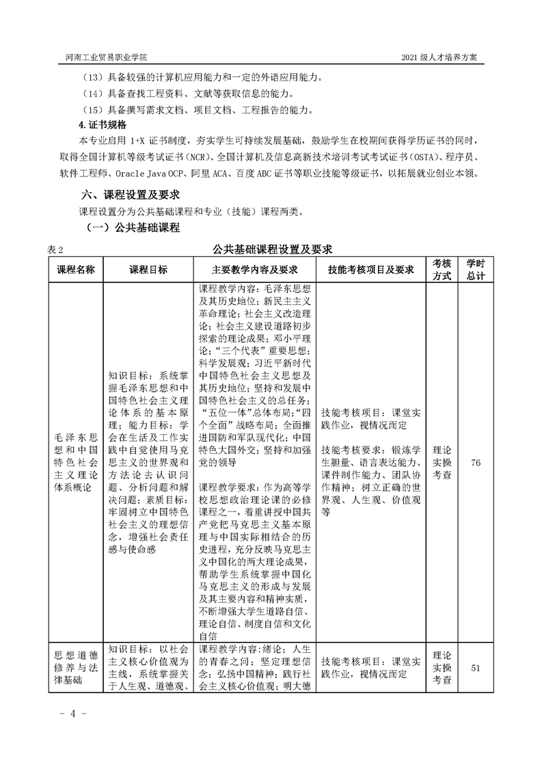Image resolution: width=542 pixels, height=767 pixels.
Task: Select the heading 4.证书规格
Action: click(103, 126)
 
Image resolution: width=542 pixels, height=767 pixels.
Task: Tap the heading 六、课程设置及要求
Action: click(129, 196)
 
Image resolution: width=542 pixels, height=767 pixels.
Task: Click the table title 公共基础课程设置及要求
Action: click(272, 248)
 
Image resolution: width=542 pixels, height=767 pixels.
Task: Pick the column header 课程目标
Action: click(148, 269)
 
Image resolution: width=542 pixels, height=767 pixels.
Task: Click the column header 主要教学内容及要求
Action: click(256, 269)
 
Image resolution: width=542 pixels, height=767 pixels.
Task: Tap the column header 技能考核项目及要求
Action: click(371, 269)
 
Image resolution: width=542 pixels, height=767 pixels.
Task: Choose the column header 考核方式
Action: click(442, 269)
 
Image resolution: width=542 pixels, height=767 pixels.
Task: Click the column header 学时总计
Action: click(476, 269)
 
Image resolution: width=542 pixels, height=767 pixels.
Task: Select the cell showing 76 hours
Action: click(476, 463)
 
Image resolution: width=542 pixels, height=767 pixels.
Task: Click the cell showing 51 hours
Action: click(476, 668)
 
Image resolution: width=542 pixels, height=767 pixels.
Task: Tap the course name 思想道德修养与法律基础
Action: click(76, 668)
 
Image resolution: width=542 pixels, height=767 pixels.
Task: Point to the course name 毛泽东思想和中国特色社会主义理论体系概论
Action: click(76, 463)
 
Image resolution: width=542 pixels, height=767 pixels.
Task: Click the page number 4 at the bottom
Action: click(68, 714)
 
